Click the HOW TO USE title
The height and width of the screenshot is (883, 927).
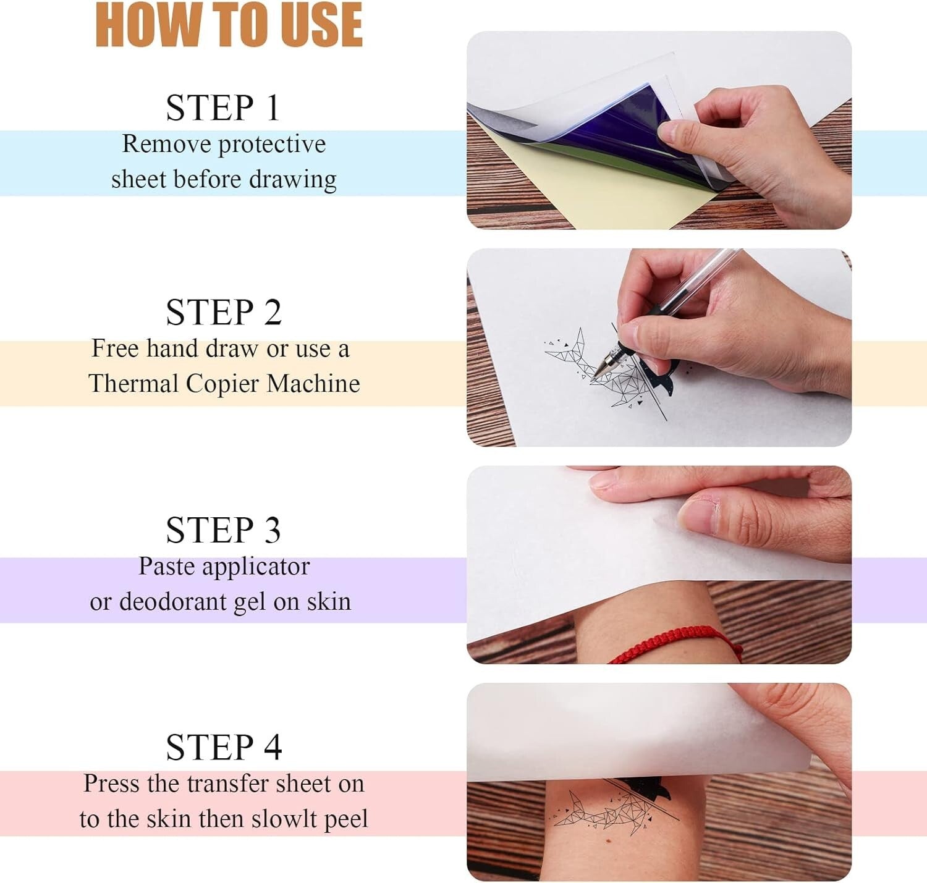click(229, 26)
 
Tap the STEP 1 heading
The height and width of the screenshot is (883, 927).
click(223, 108)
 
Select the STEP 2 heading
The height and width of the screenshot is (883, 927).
click(224, 312)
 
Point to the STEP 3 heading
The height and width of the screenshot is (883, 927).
click(223, 530)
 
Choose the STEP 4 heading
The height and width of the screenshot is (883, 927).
click(224, 747)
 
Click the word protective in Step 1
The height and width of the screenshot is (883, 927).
click(272, 145)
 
